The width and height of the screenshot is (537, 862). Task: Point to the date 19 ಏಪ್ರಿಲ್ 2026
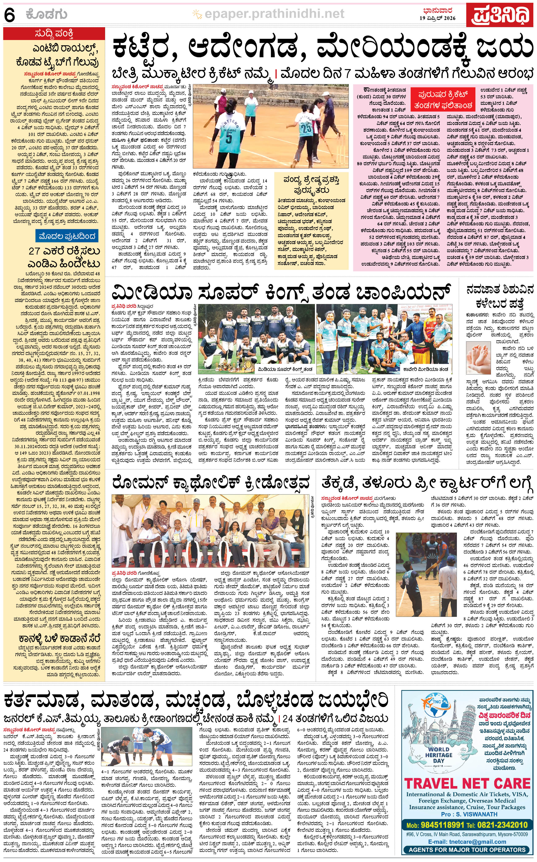point(438,18)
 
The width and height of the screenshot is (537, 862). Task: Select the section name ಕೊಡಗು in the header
point(46,15)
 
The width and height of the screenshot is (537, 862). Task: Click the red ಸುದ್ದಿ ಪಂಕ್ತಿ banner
point(54,34)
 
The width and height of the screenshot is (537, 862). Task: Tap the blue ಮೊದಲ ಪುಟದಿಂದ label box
point(67,236)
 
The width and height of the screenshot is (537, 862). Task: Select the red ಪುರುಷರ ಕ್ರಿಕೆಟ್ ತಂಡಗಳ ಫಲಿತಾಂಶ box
point(443,100)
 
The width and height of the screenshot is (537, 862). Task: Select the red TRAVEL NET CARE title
point(467,783)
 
